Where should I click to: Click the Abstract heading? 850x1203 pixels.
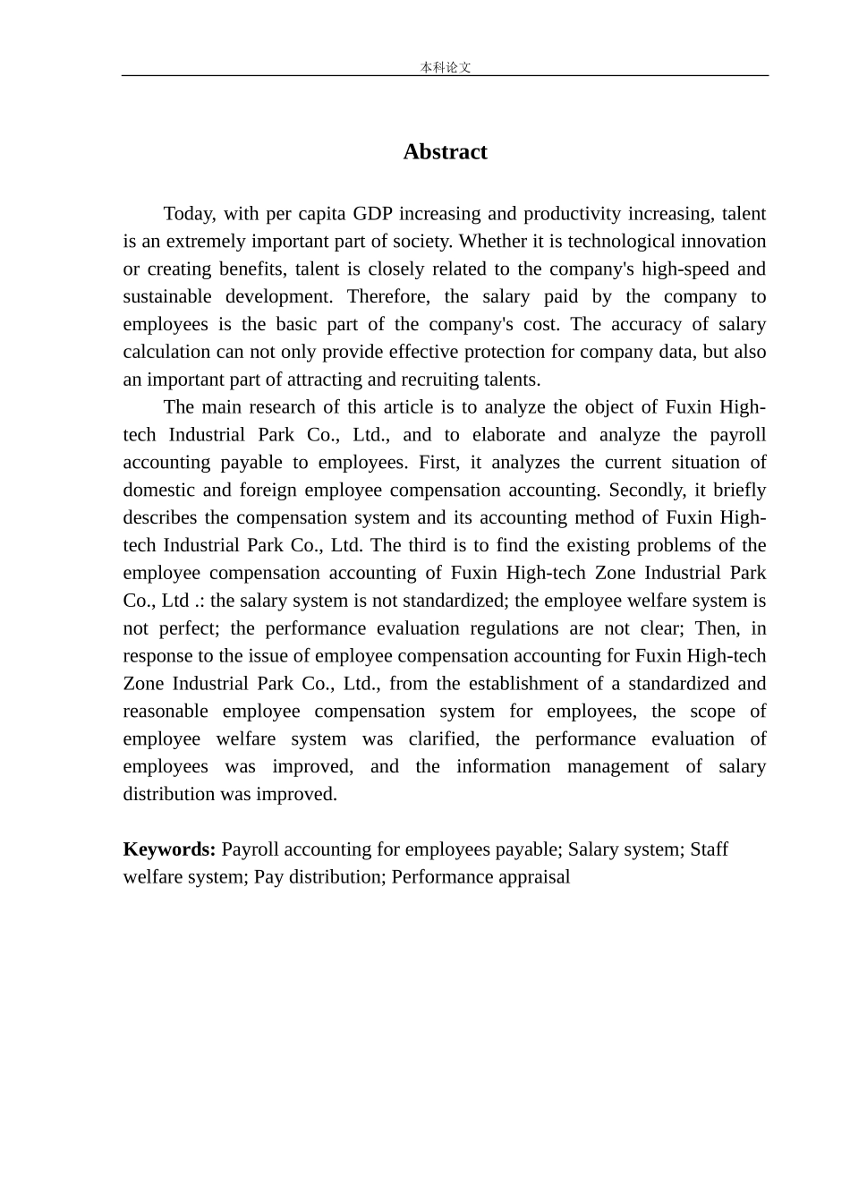click(x=445, y=152)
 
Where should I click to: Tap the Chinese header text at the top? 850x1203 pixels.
click(x=446, y=67)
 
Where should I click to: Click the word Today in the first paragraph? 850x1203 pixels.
click(x=189, y=214)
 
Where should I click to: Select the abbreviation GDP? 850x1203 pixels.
click(x=373, y=214)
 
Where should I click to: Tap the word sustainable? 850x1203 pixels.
click(x=167, y=297)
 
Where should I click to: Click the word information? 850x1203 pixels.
click(x=503, y=767)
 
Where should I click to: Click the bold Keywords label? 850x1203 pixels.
click(x=169, y=850)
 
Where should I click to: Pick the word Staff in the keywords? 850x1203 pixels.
click(x=709, y=850)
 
